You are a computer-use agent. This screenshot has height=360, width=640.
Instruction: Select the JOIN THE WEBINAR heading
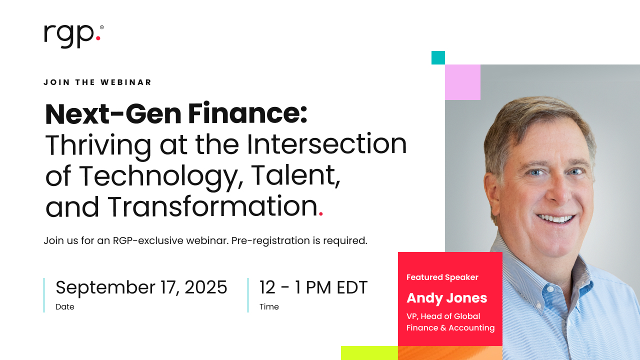(x=97, y=82)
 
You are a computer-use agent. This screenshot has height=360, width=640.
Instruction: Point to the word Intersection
(x=327, y=144)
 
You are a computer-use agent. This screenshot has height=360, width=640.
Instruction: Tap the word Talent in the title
(x=295, y=175)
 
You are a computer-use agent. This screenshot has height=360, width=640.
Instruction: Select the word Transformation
(x=212, y=206)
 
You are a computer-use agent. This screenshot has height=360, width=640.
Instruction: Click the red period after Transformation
(x=321, y=214)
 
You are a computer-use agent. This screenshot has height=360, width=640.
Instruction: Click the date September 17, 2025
(x=141, y=287)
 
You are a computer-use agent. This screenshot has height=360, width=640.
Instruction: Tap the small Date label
(x=65, y=307)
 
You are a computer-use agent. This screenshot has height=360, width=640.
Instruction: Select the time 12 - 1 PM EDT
(x=313, y=287)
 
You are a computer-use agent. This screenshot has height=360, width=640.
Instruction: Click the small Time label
(x=269, y=307)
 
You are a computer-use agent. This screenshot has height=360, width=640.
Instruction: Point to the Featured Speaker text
(x=442, y=277)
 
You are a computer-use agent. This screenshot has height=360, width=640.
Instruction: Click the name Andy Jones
(x=446, y=298)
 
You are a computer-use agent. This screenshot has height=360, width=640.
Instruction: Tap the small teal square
(x=438, y=58)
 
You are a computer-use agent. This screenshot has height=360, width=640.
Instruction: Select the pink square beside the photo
(x=462, y=82)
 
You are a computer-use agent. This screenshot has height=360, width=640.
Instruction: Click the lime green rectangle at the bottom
(x=369, y=353)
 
